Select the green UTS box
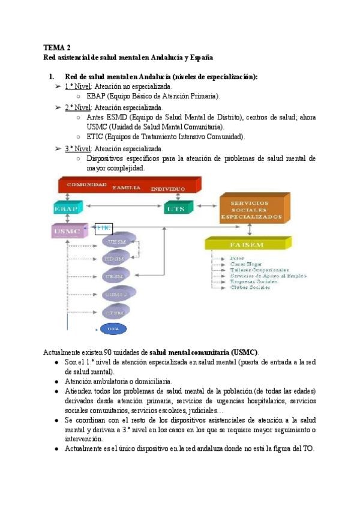click(178, 208)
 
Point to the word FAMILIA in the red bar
click(126, 187)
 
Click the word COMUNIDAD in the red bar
click(86, 184)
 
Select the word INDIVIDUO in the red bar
click(168, 188)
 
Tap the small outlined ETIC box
click(104, 228)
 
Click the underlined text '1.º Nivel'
click(76, 86)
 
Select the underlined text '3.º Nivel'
click(76, 148)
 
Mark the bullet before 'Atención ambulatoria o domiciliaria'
click(56, 381)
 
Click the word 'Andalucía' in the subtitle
click(158, 58)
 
